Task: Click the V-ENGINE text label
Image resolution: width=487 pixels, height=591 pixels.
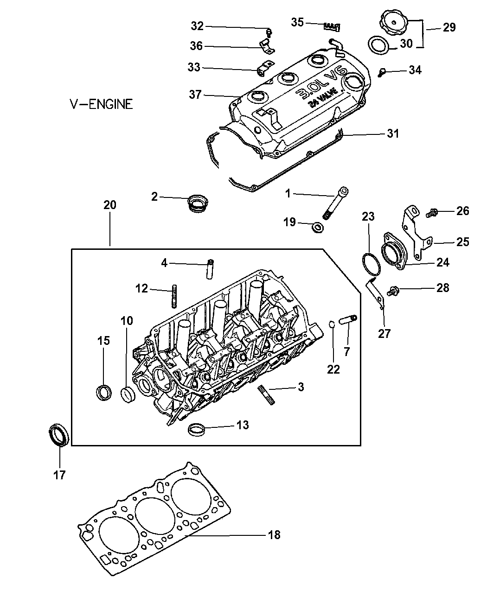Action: coord(101,104)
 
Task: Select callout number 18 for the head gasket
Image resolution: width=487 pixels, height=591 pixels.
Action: coord(274,535)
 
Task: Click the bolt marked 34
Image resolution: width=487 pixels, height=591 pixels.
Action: coord(383,72)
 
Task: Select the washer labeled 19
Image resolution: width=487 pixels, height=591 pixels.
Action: coord(318,227)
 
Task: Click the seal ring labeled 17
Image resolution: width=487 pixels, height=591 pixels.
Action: coord(59,434)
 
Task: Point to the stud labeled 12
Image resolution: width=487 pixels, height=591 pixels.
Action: coord(175,295)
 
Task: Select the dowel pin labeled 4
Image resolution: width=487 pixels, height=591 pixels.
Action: coord(210,268)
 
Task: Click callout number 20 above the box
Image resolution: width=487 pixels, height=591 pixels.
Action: coord(110,205)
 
